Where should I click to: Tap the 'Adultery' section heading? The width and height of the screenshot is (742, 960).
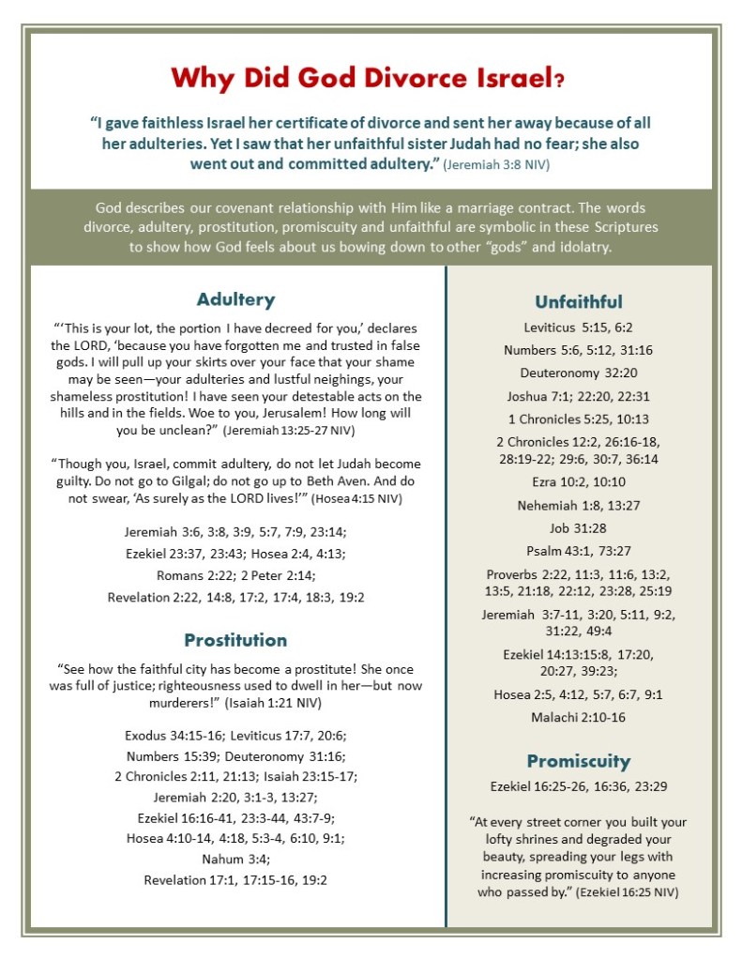pos(235,299)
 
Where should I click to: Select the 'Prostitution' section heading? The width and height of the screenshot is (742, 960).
pos(235,640)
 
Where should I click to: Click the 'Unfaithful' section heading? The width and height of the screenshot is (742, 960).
pos(579,301)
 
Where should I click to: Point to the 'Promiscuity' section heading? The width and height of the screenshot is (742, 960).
pos(579,761)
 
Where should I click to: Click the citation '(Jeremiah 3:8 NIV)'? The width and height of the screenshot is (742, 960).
pos(496,165)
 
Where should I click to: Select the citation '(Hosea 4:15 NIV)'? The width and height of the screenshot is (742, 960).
pos(356,498)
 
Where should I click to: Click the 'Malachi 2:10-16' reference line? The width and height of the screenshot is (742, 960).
pos(579,718)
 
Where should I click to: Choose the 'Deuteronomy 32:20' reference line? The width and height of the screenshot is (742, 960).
pos(579,371)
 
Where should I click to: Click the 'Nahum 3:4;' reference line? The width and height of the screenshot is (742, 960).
pos(235,859)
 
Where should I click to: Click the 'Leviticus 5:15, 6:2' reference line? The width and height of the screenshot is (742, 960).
pos(579,327)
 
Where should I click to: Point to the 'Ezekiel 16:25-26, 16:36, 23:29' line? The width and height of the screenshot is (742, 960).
pos(579,786)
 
